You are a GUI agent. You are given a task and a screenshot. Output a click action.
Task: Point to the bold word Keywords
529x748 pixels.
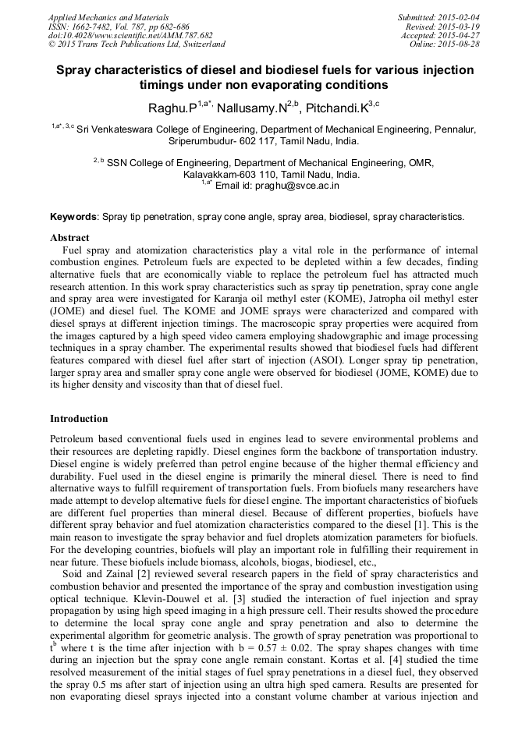point(73,216)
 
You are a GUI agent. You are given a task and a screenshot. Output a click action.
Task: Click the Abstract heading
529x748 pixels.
point(69,237)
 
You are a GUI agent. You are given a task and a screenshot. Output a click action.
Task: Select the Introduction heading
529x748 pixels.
point(79,419)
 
